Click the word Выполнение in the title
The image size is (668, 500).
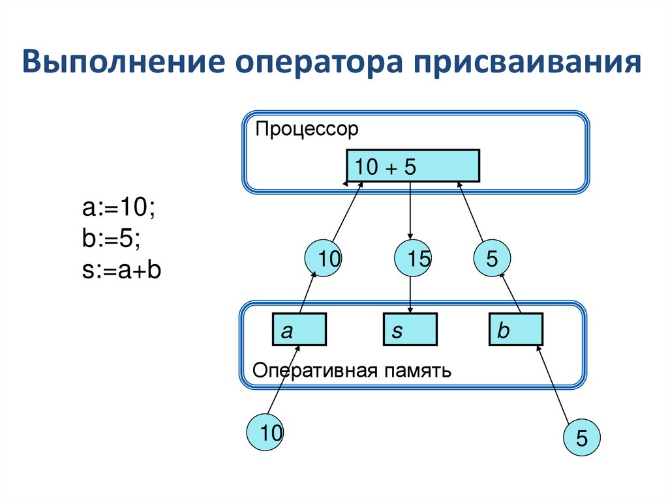pos(123,62)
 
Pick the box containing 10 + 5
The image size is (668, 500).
pos(413,166)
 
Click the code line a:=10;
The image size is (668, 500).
pos(119,208)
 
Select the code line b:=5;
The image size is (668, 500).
pos(111,239)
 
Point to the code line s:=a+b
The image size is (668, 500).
pos(121,270)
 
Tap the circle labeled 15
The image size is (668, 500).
pos(413,258)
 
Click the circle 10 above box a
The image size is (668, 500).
pos(323,258)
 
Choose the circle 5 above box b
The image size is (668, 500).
pos(492,258)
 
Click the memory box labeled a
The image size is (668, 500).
pos(299,329)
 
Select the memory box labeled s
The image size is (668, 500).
pos(410,329)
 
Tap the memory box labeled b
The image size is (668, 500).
pos(516,329)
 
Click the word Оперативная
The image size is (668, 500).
pos(315,371)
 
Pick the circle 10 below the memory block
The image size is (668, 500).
pos(265,432)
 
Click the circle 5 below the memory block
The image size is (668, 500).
pos(581,437)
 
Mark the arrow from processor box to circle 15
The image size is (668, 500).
pos(410,211)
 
